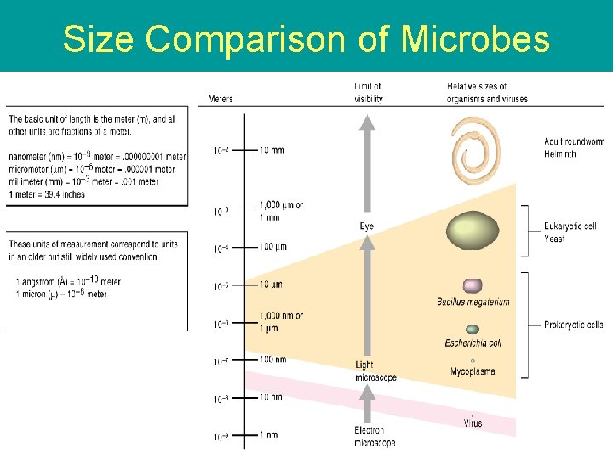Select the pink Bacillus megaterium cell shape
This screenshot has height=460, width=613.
pyautogui.click(x=473, y=286)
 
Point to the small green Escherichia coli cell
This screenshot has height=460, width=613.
pyautogui.click(x=473, y=329)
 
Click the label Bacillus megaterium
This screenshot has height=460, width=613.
pyautogui.click(x=473, y=302)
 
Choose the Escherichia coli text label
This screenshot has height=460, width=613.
pyautogui.click(x=473, y=343)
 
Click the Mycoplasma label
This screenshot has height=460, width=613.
pyautogui.click(x=473, y=371)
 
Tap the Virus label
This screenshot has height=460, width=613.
pyautogui.click(x=473, y=423)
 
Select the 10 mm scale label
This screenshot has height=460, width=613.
pyautogui.click(x=272, y=150)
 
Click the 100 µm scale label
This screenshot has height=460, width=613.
pyautogui.click(x=272, y=247)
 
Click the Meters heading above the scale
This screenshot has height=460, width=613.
pyautogui.click(x=221, y=99)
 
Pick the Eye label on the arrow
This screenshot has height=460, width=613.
pyautogui.click(x=366, y=227)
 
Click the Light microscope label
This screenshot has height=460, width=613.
pyautogui.click(x=375, y=371)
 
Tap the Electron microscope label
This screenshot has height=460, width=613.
pyautogui.click(x=375, y=436)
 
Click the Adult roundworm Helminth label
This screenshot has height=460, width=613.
pyautogui.click(x=571, y=147)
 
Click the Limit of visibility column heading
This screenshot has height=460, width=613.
pyautogui.click(x=368, y=92)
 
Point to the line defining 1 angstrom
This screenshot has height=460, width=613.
pyautogui.click(x=68, y=281)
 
